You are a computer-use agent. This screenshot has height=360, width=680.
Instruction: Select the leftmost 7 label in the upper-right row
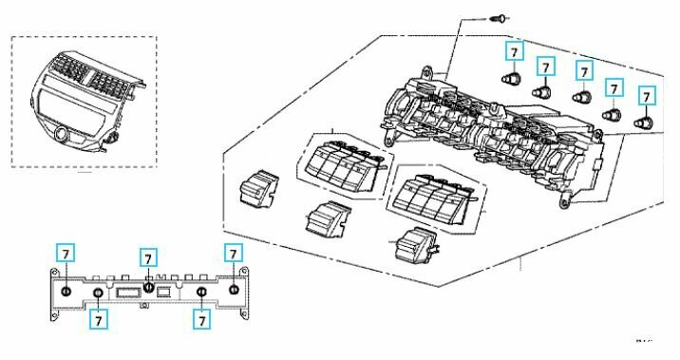click(x=514, y=51)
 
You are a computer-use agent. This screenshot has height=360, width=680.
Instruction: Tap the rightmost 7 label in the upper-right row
click(x=648, y=96)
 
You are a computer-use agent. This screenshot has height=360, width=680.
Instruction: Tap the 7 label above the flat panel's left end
click(x=65, y=254)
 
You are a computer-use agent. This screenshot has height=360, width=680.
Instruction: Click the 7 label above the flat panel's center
click(x=148, y=258)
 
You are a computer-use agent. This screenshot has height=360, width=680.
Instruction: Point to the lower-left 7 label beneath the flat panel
click(x=98, y=319)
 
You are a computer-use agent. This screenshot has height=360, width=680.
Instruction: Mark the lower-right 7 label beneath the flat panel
click(x=201, y=319)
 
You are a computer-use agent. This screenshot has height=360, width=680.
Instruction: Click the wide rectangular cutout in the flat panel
click(x=127, y=293)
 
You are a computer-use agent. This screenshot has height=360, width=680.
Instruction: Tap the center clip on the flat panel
click(x=149, y=288)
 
